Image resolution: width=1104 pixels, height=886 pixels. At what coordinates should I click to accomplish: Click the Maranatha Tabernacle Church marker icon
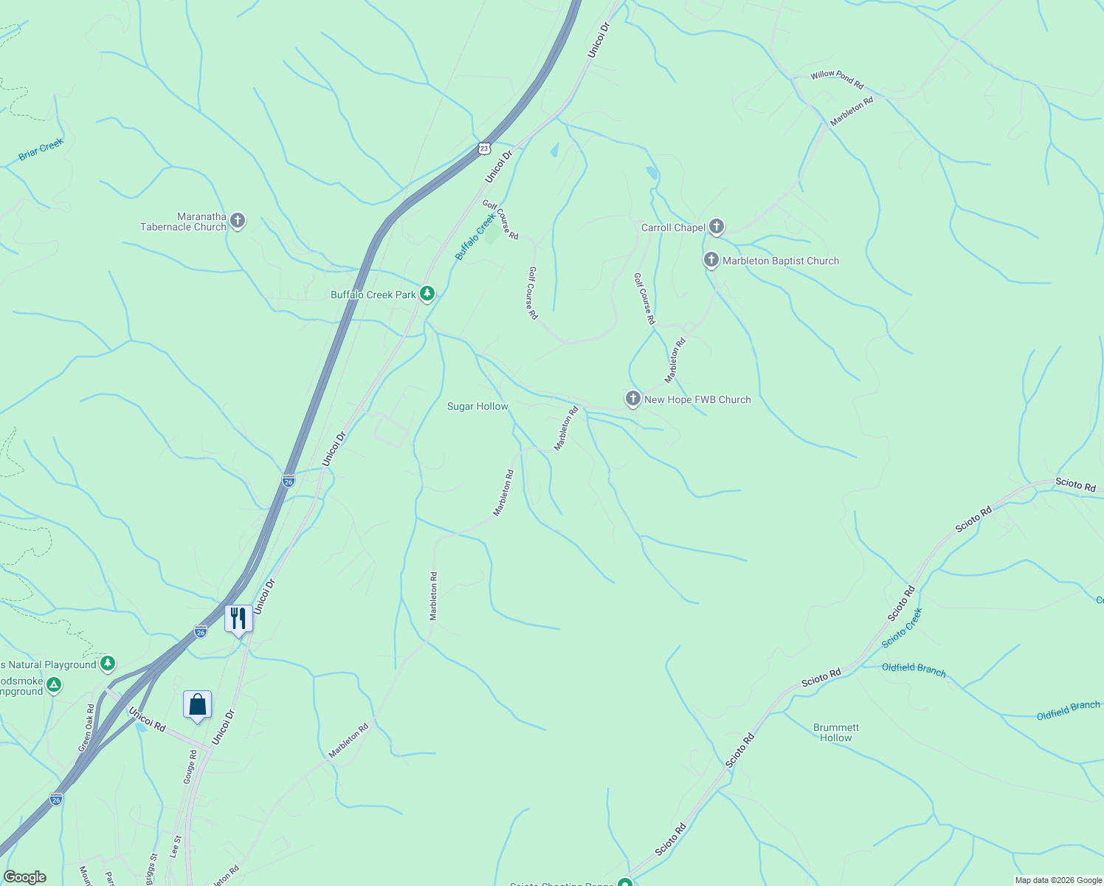[x=237, y=220]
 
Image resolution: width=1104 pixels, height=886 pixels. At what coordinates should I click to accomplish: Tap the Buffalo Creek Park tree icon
[x=427, y=294]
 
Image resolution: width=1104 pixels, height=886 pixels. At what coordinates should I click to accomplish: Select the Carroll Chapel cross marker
[x=716, y=227]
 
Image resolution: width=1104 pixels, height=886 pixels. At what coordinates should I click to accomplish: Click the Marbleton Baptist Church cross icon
[x=711, y=260]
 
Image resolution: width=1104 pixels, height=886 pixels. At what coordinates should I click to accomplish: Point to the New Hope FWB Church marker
[x=632, y=399]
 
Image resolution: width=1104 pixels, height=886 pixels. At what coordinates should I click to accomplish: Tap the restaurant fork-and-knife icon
[x=238, y=618]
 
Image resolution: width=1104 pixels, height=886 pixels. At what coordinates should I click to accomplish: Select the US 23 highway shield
[x=483, y=148]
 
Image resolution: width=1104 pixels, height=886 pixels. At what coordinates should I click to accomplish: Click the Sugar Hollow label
[x=477, y=406]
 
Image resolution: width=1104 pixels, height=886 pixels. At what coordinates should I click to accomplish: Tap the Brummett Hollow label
[x=836, y=732]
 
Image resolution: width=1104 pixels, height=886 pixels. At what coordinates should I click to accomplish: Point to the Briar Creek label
[x=41, y=150]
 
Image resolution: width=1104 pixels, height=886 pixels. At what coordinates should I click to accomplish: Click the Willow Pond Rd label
[x=837, y=80]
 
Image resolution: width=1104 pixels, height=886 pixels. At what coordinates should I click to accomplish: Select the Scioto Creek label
[x=902, y=628]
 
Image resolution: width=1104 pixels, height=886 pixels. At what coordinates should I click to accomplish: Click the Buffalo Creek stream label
[x=474, y=237]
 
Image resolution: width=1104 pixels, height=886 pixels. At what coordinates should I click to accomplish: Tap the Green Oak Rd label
[x=86, y=728]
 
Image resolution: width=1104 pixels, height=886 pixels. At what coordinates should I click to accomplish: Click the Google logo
[x=24, y=877]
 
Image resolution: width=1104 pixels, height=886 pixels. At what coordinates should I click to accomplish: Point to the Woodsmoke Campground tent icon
[x=53, y=686]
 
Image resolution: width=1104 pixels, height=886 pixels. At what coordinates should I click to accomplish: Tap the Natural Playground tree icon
[x=108, y=664]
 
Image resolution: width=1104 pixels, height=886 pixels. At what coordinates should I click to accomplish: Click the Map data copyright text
[x=1058, y=880]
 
